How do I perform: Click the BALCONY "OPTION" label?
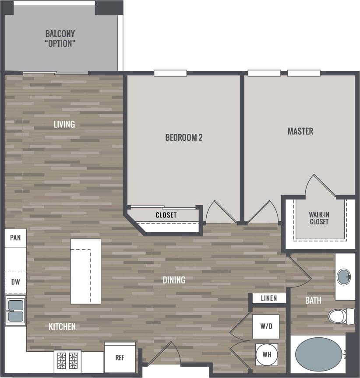pos(60,38)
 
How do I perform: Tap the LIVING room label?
pos(64,124)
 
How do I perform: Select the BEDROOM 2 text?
pos(184,137)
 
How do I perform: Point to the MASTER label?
pos(300,131)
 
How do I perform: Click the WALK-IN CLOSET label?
pos(319,218)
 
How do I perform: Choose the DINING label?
pos(174,280)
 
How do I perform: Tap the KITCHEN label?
pos(62,326)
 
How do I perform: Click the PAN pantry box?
pos(15,238)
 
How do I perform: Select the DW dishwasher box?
pos(15,282)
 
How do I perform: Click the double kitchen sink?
pos(15,310)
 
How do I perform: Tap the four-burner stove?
pos(68,361)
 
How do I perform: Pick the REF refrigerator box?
pos(120,357)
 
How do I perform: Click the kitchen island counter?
pos(86,271)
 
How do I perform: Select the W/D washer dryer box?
pos(265,326)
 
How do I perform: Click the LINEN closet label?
pos(268,298)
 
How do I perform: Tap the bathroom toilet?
pos(341,315)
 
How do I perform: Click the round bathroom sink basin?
pos(344,277)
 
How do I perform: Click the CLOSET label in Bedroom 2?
pos(166,215)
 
